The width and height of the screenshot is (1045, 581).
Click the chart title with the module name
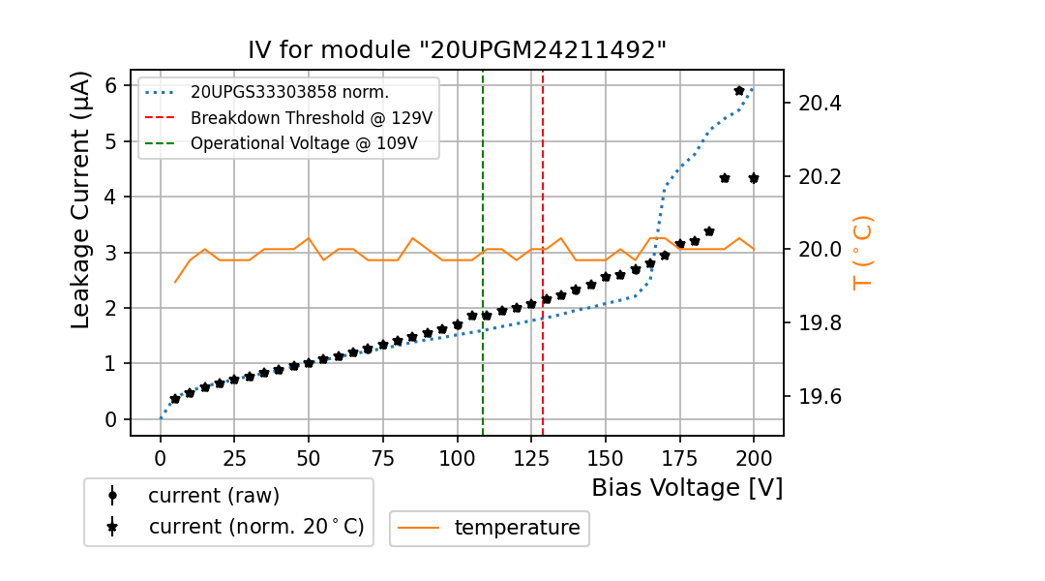click(x=457, y=50)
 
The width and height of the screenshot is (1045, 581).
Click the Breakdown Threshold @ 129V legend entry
click(x=311, y=118)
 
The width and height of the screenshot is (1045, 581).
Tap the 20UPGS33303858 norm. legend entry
click(x=289, y=93)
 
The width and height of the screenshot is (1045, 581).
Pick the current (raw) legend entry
click(x=213, y=496)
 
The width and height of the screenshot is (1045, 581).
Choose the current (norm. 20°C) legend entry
click(x=255, y=527)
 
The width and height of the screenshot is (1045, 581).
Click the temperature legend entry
click(x=517, y=528)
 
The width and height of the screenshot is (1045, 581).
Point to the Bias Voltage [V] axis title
click(x=687, y=488)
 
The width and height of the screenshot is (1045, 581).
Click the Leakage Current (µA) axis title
click(x=81, y=199)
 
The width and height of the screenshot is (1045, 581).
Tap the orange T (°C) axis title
click(x=862, y=252)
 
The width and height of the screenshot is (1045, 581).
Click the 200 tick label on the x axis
click(x=754, y=457)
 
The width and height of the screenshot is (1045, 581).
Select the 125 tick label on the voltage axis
click(x=531, y=457)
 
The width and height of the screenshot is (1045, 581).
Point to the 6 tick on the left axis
click(x=111, y=85)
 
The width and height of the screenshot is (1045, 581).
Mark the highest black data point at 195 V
click(x=739, y=90)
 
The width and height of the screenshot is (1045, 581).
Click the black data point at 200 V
click(x=754, y=178)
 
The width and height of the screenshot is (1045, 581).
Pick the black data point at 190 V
click(x=725, y=178)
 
